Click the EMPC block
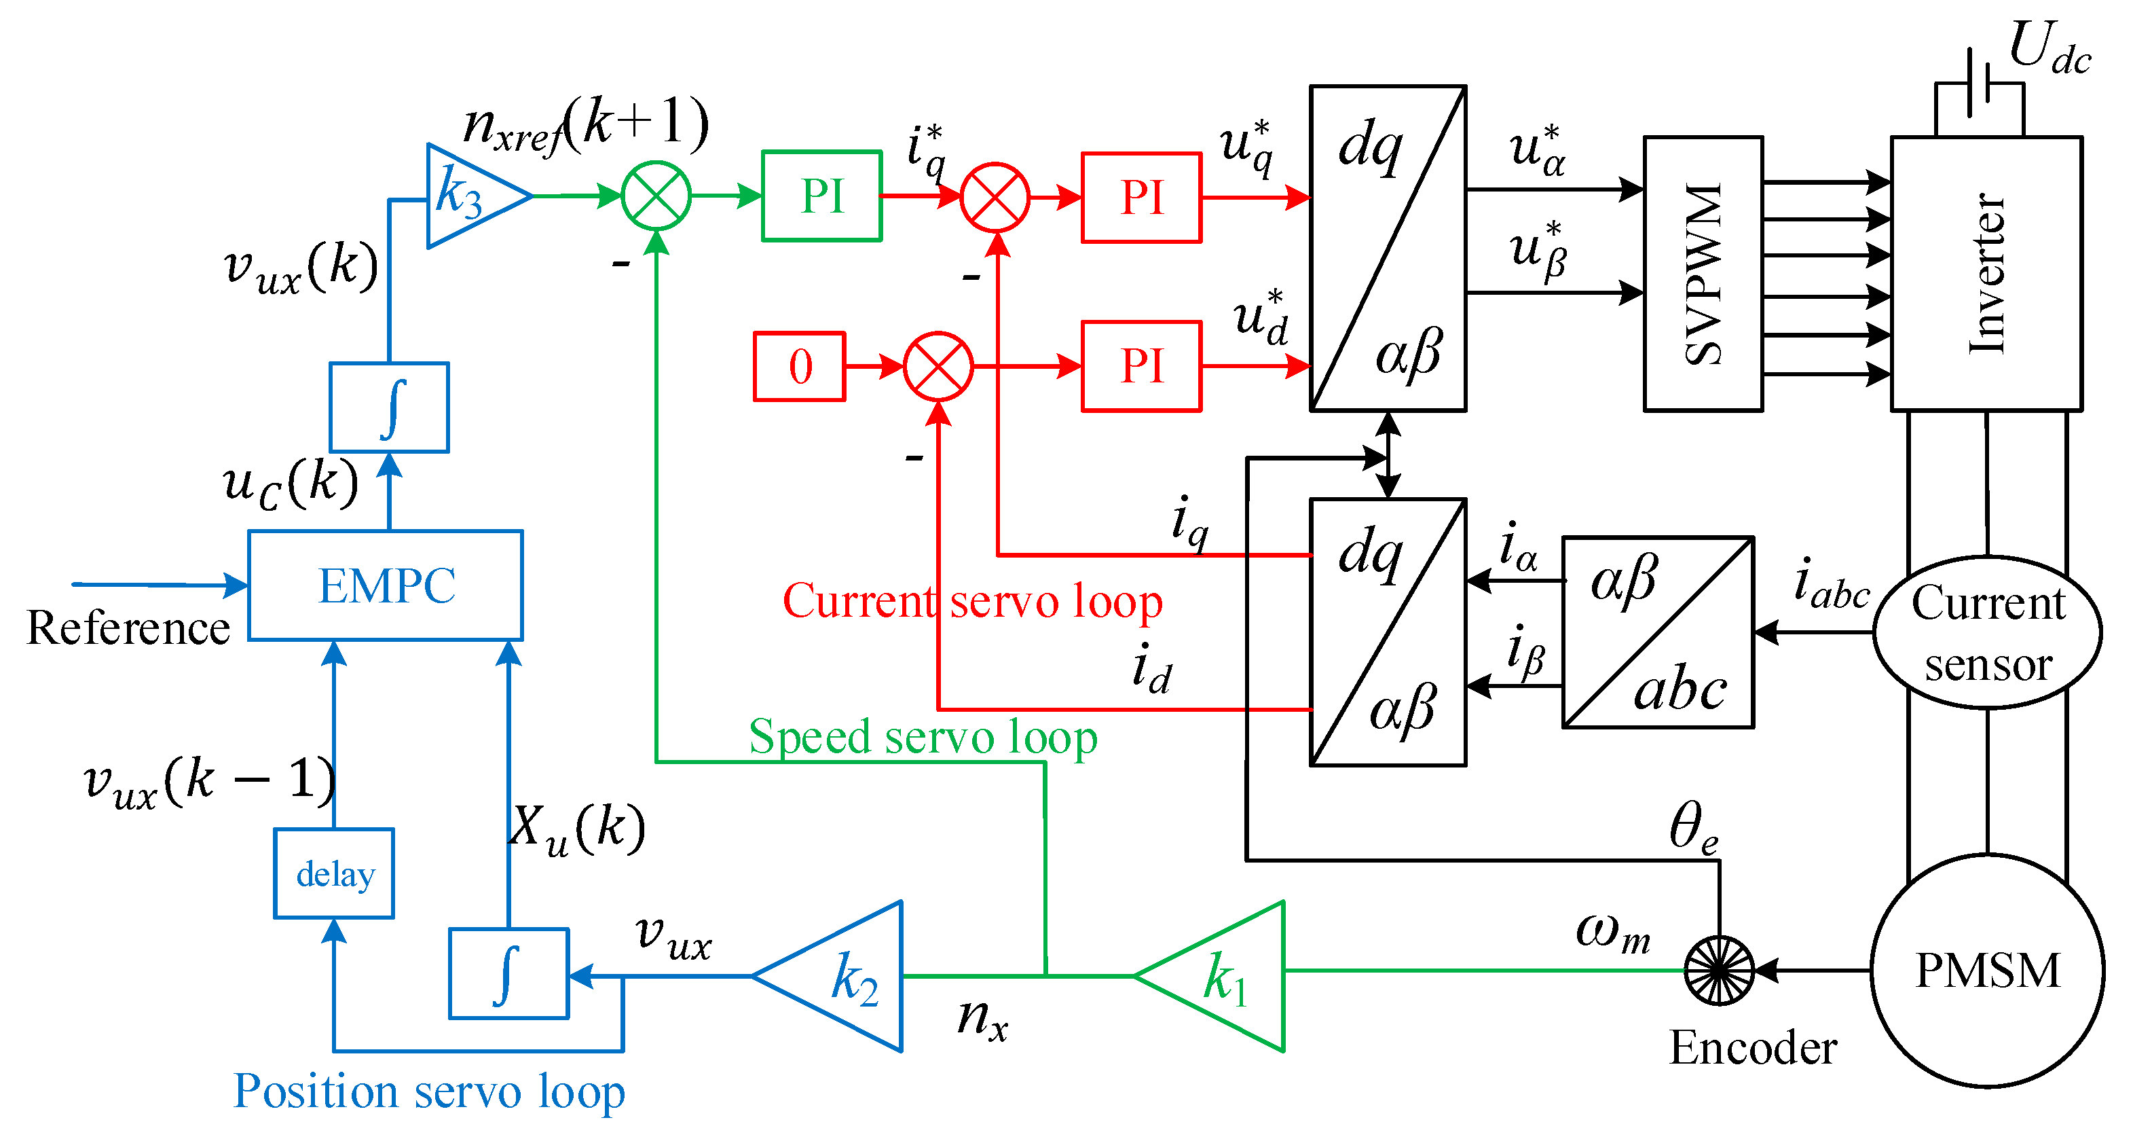(385, 585)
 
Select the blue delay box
(334, 873)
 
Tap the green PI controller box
(821, 196)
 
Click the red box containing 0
(799, 366)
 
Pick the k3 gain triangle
(468, 196)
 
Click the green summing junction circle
(656, 196)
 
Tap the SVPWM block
(1703, 273)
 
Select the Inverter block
(1986, 273)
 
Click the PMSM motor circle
(1987, 970)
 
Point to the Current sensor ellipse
(1987, 633)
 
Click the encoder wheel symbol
(1719, 970)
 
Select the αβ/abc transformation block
(1658, 632)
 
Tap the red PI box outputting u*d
(1141, 366)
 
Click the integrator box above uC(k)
(389, 407)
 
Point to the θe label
(1692, 827)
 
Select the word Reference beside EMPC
(128, 627)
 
